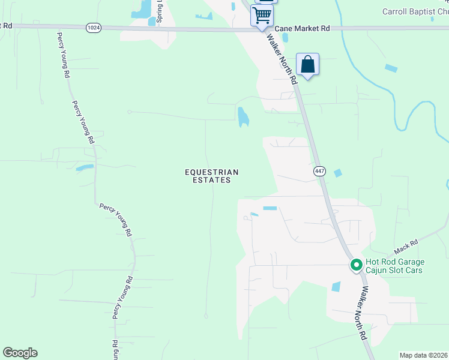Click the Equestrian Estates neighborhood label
point(207,176)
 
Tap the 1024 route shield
point(93,28)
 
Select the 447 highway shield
point(319,172)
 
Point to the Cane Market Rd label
point(303,28)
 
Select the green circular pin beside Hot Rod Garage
point(355,264)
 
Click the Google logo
point(20,353)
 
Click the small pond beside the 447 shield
point(337,173)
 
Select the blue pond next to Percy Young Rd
point(84,168)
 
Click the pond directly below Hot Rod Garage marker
point(336,287)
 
